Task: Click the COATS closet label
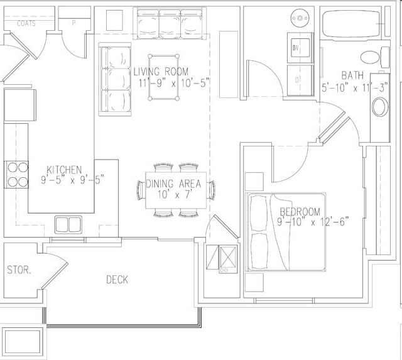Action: click(26, 24)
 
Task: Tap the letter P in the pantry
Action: click(74, 24)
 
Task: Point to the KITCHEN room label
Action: click(65, 170)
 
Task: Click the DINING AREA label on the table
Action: click(173, 184)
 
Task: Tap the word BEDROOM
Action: click(300, 212)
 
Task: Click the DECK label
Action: click(117, 279)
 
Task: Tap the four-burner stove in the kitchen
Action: click(17, 175)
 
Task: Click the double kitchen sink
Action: click(68, 224)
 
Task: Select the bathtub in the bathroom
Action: click(350, 24)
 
